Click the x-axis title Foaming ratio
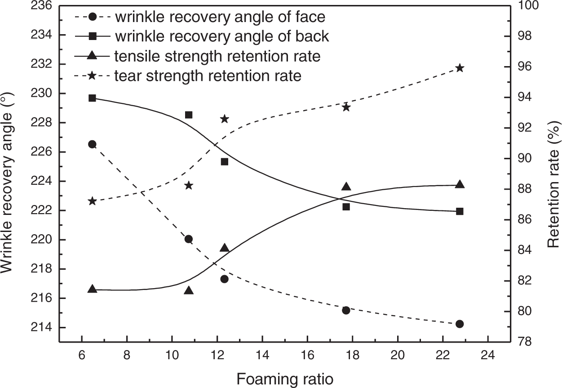tap(285, 379)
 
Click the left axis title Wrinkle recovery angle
tap(7, 183)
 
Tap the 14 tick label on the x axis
tap(262, 355)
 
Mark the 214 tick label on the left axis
tap(41, 327)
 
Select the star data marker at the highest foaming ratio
tap(460, 68)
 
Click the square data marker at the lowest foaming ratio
tap(93, 98)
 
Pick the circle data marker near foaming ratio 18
tap(346, 310)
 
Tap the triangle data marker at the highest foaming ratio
tap(460, 184)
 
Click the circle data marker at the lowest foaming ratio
tap(93, 144)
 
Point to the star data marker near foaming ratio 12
tap(225, 119)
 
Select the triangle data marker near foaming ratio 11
tap(189, 290)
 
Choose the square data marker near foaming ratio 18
tap(346, 207)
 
